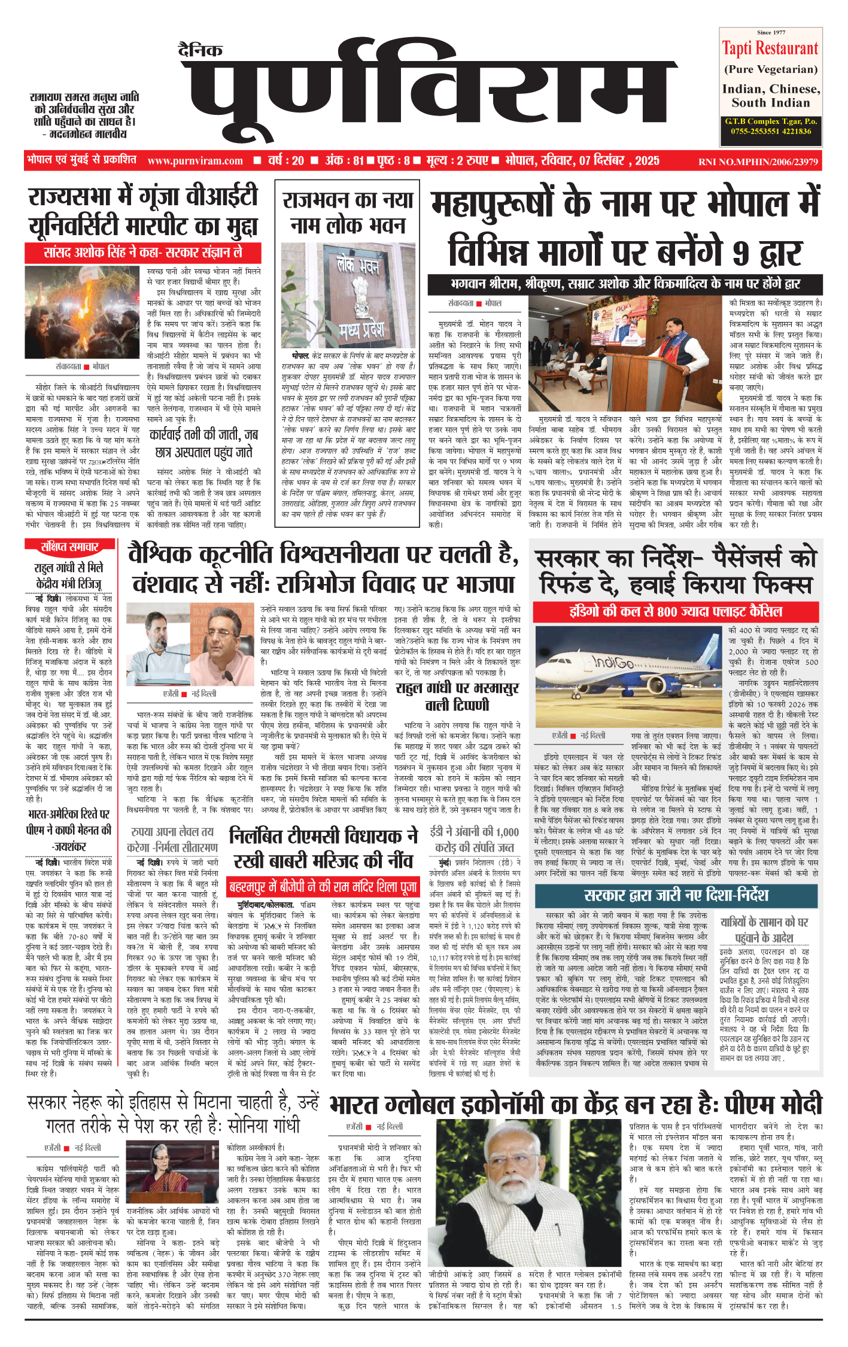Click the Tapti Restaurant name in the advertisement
click(x=770, y=48)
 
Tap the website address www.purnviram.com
click(x=195, y=161)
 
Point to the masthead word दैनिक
click(x=200, y=50)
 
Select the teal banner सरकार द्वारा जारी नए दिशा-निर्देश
click(x=676, y=895)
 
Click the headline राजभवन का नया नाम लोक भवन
click(x=348, y=212)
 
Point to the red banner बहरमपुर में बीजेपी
click(x=323, y=886)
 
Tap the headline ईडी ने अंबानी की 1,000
click(x=474, y=839)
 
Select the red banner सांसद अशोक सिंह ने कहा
click(x=143, y=253)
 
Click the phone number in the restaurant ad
click(x=771, y=131)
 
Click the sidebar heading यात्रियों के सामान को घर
click(x=764, y=929)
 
